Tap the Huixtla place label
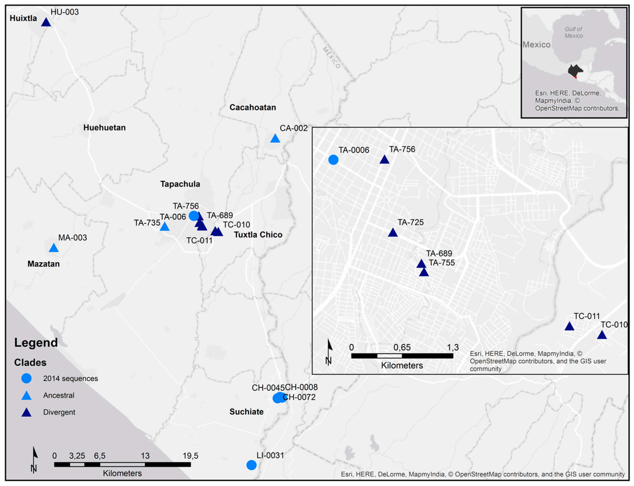pyautogui.click(x=23, y=18)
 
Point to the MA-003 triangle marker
pyautogui.click(x=54, y=248)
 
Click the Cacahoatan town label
pyautogui.click(x=253, y=107)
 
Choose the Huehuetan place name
pyautogui.click(x=104, y=128)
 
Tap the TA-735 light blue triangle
pyautogui.click(x=164, y=227)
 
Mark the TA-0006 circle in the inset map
pyautogui.click(x=333, y=160)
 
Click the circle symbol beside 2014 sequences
pyautogui.click(x=26, y=378)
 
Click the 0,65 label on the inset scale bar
pyautogui.click(x=402, y=347)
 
